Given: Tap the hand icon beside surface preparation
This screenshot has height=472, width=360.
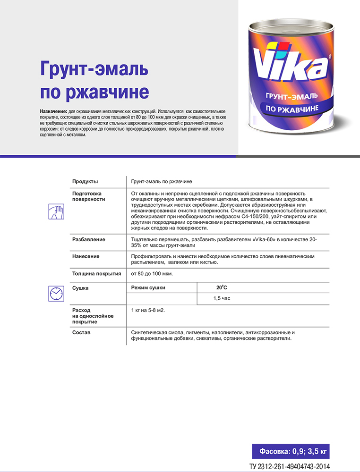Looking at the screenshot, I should (x=56, y=211).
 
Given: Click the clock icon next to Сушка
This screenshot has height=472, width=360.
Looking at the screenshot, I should (x=56, y=293).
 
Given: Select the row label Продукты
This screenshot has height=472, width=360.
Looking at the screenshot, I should (x=85, y=182).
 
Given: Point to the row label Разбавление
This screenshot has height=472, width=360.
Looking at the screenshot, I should (x=88, y=240).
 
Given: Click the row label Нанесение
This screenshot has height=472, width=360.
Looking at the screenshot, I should (x=86, y=256).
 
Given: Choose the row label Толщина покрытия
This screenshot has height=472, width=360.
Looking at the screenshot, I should (x=96, y=274).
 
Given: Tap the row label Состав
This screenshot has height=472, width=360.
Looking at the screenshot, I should (x=81, y=333).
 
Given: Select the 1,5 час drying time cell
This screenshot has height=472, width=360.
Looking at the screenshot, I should (x=222, y=299).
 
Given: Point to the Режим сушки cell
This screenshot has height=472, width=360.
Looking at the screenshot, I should (x=148, y=287).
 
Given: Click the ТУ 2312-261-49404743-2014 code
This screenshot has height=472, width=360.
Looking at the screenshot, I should (x=290, y=466).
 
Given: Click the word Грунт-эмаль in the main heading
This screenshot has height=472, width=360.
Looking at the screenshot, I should (x=94, y=69).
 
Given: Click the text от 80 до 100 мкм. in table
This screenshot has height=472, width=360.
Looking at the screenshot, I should (x=152, y=274).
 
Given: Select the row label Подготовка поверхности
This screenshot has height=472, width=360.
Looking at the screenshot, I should (x=88, y=196).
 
